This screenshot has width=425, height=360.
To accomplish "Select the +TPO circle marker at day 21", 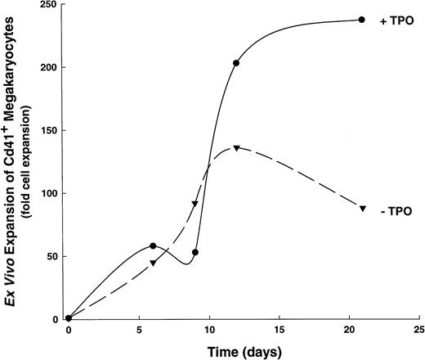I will (362, 20).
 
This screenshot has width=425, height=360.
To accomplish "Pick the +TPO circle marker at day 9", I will (195, 252).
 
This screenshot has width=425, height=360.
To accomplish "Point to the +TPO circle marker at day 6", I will (153, 245).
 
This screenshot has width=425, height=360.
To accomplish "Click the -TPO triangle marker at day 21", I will (362, 209).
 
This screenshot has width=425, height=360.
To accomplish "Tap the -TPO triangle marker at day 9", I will (195, 204).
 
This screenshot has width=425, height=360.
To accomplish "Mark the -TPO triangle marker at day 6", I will (153, 263).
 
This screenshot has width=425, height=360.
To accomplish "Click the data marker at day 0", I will (69, 318).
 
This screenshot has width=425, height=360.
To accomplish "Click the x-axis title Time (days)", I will (245, 350).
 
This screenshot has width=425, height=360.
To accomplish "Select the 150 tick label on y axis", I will (48, 130).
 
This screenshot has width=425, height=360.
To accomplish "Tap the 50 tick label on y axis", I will (51, 256).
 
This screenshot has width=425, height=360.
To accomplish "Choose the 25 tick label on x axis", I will (419, 332).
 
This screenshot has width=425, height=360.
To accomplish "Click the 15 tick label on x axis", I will (280, 332).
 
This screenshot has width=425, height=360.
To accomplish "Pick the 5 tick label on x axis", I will (139, 332).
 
